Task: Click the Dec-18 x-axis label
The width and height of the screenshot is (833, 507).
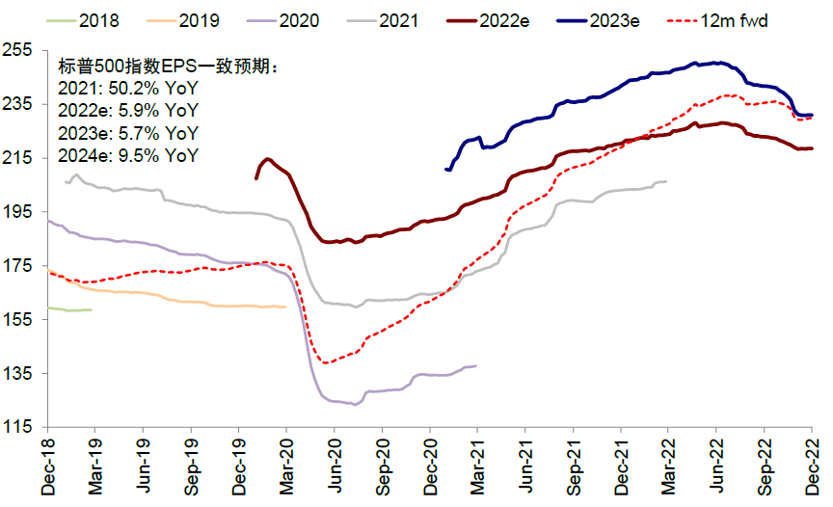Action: [x=49, y=468]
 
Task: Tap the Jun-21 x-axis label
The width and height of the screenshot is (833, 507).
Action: [x=527, y=468]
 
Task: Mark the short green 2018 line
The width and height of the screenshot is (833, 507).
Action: [x=69, y=309]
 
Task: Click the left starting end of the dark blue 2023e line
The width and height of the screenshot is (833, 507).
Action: [x=446, y=170]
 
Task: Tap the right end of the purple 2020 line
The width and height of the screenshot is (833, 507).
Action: [x=475, y=365]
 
